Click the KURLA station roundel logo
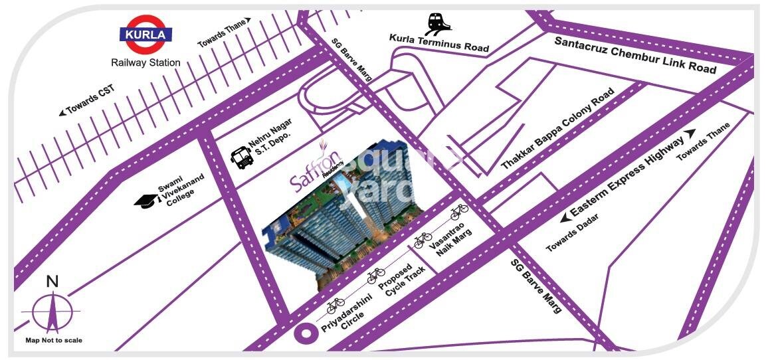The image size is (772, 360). pos(145,35)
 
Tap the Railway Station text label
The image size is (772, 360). pos(145,63)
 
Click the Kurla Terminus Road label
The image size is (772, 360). pos(439,44)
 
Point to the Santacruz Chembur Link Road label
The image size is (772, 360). pos(636,55)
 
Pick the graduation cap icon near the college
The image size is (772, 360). pos(144,199)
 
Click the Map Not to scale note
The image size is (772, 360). pos(54,340)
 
